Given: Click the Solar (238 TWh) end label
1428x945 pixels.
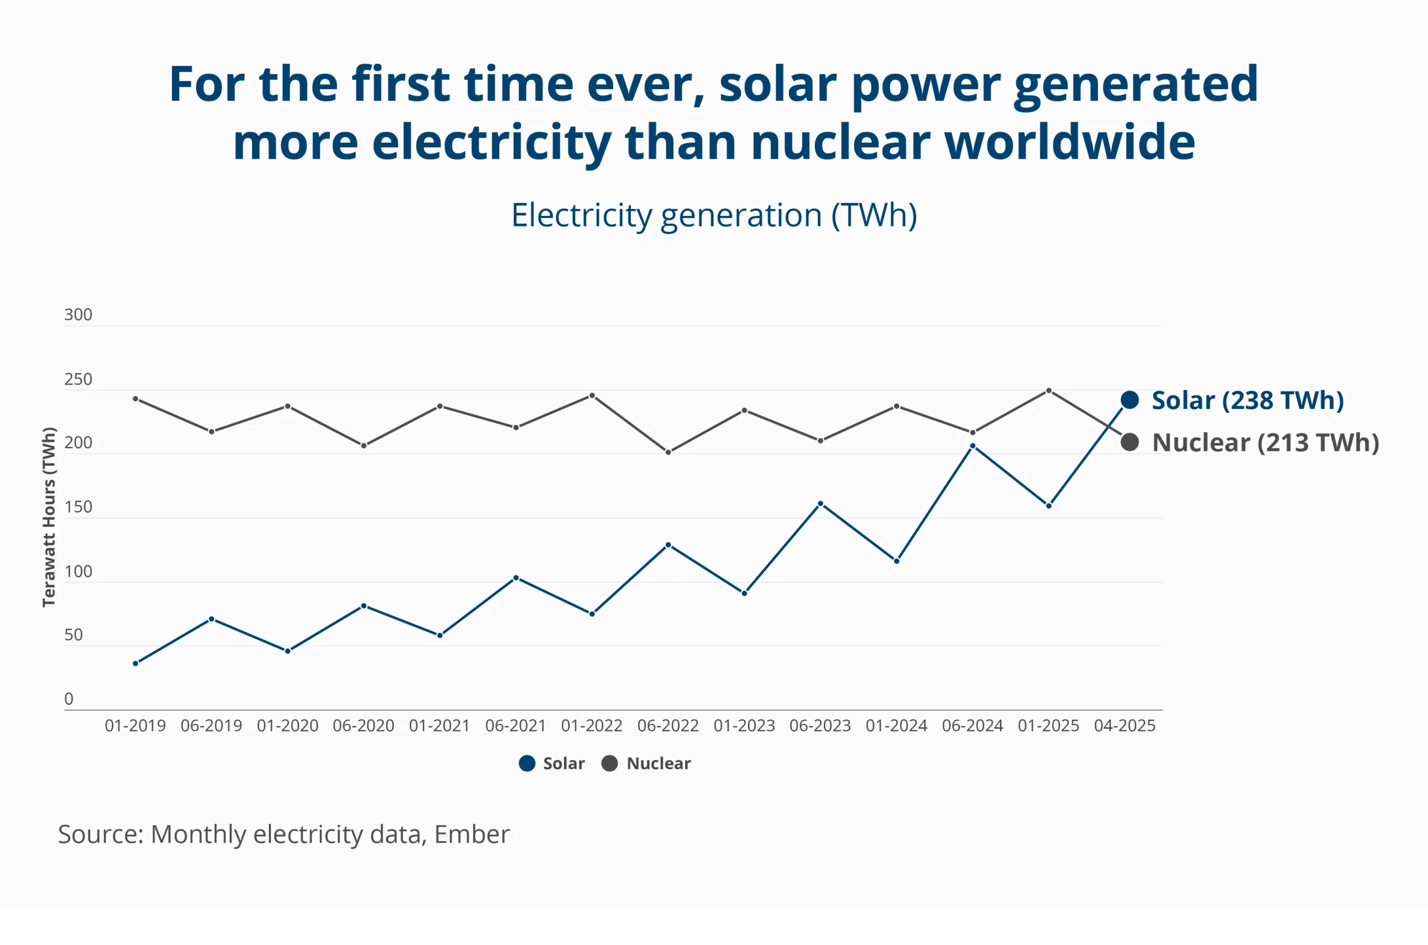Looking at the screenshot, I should pyautogui.click(x=1247, y=400).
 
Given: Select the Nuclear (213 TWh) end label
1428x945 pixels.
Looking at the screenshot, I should pyautogui.click(x=1265, y=442).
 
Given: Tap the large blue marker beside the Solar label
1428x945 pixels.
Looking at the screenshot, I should pyautogui.click(x=1129, y=399).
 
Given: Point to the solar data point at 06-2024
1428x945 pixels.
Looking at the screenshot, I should pyautogui.click(x=972, y=446).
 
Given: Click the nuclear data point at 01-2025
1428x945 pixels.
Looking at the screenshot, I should pyautogui.click(x=1048, y=390).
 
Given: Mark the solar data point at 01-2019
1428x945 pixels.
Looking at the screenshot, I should pyautogui.click(x=136, y=663).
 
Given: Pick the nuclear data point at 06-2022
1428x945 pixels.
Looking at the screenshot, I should pyautogui.click(x=668, y=452).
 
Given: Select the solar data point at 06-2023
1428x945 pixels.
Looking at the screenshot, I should pyautogui.click(x=820, y=504).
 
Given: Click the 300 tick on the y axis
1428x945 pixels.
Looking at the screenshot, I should pyautogui.click(x=78, y=315).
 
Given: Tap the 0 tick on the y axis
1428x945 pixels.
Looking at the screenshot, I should pyautogui.click(x=69, y=698).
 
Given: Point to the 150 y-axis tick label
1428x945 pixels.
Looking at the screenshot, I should pyautogui.click(x=78, y=507).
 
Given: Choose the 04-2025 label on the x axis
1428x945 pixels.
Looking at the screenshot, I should pyautogui.click(x=1125, y=726).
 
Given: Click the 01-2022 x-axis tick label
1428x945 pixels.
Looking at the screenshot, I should pyautogui.click(x=592, y=726).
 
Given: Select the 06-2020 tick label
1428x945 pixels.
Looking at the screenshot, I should pyautogui.click(x=363, y=726).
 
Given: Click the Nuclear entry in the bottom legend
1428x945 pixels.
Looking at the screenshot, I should pyautogui.click(x=647, y=764).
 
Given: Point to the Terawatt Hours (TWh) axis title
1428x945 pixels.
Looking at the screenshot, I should pyautogui.click(x=49, y=517).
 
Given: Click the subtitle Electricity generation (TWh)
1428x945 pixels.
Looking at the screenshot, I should pyautogui.click(x=714, y=215).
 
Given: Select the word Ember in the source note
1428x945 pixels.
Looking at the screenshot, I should pyautogui.click(x=472, y=834).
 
